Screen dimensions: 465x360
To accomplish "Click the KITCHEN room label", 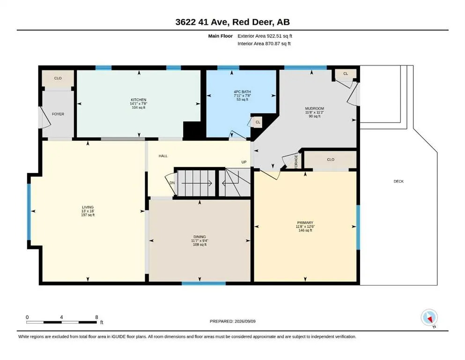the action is tap(139, 100).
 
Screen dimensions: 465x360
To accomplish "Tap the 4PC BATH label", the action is tap(242, 92).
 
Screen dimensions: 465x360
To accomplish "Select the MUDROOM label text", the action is tap(315, 109).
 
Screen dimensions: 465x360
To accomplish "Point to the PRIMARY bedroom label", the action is tap(305, 223).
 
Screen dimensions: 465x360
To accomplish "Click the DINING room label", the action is tap(199, 237).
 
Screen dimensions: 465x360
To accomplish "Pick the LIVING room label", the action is tap(88, 207).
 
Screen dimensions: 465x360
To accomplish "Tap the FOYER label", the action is tap(58, 114).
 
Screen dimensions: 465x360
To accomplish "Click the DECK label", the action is tap(399, 181).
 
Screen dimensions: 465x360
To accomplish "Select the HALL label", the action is tap(163, 156).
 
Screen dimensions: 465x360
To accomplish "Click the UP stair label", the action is tap(244, 162).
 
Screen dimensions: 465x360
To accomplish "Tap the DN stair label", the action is tap(172, 183).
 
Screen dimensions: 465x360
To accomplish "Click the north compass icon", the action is tap(429, 317).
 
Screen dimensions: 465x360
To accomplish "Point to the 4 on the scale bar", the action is tap(61, 317).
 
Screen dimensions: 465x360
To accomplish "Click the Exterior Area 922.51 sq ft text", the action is tap(265, 36).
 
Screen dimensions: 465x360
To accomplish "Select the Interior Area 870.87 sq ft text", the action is tap(264, 44).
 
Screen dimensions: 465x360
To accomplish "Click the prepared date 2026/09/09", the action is tap(245, 321).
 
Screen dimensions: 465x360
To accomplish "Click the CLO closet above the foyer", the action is tap(58, 78).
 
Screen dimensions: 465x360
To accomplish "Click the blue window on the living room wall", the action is tap(29, 211).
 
